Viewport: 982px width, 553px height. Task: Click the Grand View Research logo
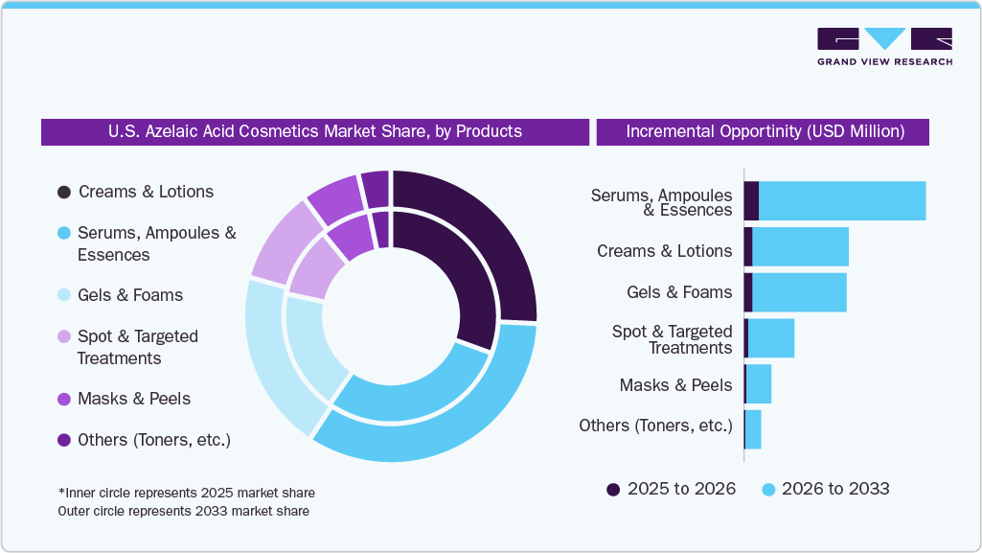(884, 47)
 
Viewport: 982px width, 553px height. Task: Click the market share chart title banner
(315, 131)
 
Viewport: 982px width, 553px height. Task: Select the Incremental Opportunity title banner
(764, 131)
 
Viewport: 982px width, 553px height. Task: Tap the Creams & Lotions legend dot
(64, 192)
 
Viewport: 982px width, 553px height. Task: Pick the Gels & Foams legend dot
(64, 295)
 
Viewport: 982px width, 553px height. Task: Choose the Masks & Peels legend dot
(64, 399)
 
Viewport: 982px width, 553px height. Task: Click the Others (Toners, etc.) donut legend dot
(64, 440)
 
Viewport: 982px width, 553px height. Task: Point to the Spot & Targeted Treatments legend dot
(64, 336)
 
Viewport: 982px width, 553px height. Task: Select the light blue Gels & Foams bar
(799, 292)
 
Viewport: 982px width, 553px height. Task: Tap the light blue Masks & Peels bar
(759, 384)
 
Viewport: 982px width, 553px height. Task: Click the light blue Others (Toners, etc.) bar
(753, 429)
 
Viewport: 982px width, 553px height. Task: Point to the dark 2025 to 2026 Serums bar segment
(751, 201)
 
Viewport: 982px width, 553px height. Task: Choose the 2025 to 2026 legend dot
(613, 490)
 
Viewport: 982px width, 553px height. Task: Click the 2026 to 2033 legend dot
(768, 490)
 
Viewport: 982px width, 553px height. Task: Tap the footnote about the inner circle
(187, 493)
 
